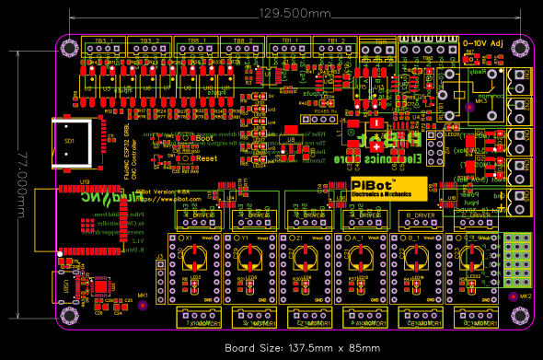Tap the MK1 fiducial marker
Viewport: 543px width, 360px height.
143,305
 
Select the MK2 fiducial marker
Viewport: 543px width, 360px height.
514,297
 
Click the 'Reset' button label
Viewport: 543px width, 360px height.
206,157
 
